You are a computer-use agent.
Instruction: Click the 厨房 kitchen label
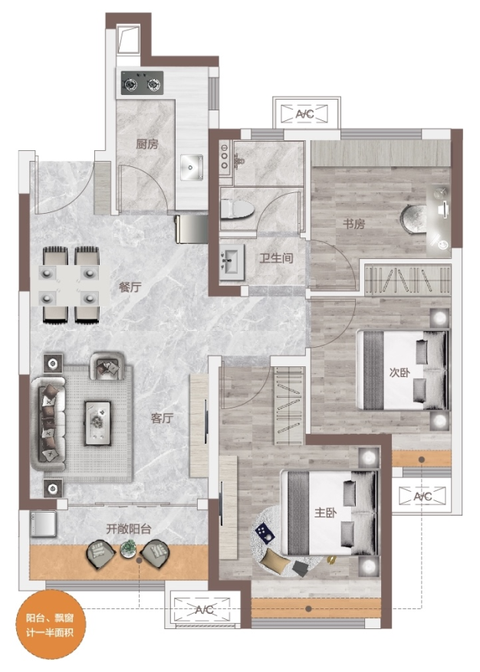pyautogui.click(x=147, y=144)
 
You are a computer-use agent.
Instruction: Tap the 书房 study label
pyautogui.click(x=354, y=223)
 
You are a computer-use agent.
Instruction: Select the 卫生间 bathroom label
pyautogui.click(x=276, y=258)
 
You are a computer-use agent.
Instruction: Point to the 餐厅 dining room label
pyautogui.click(x=130, y=287)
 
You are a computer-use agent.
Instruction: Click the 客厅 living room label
pyautogui.click(x=162, y=418)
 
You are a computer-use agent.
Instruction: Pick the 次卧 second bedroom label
pyautogui.click(x=399, y=372)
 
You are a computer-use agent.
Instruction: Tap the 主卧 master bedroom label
pyautogui.click(x=325, y=513)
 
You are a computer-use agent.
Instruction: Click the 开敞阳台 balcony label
pyautogui.click(x=129, y=529)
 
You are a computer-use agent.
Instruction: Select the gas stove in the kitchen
pyautogui.click(x=142, y=84)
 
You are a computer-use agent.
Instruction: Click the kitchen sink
pyautogui.click(x=192, y=168)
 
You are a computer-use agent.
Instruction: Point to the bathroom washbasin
pyautogui.click(x=232, y=259)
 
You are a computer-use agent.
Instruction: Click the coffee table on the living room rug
pyautogui.click(x=97, y=422)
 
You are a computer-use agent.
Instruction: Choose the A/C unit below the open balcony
pyautogui.click(x=204, y=609)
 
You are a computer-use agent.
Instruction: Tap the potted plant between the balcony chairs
pyautogui.click(x=128, y=549)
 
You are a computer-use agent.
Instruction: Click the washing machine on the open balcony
pyautogui.click(x=43, y=523)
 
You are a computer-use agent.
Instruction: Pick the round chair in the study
pyautogui.click(x=413, y=219)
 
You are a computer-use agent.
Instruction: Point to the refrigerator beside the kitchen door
pyautogui.click(x=192, y=229)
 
